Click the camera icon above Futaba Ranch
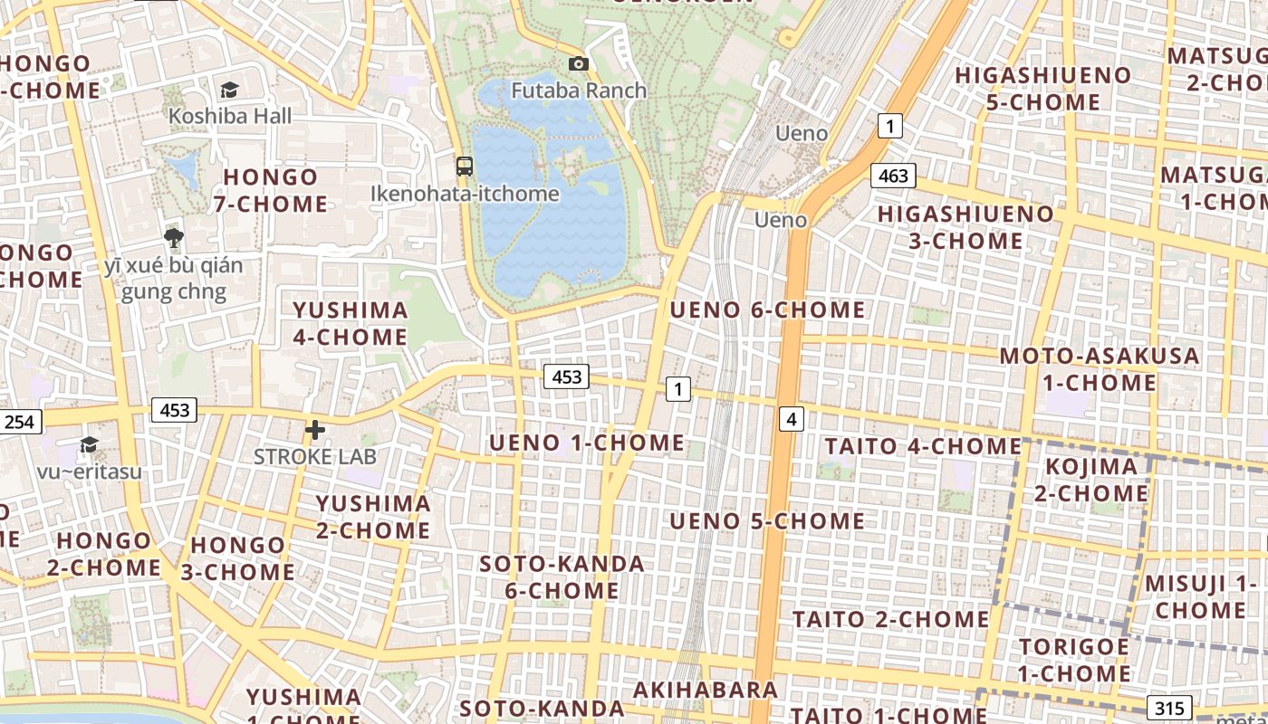pyautogui.click(x=578, y=63)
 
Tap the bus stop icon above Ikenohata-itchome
pyautogui.click(x=465, y=166)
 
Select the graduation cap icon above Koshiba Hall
pyautogui.click(x=229, y=89)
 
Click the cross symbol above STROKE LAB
pyautogui.click(x=314, y=430)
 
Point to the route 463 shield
pyautogui.click(x=893, y=176)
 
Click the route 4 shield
pyautogui.click(x=792, y=419)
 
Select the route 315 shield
pyautogui.click(x=1168, y=708)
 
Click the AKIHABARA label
pyautogui.click(x=706, y=690)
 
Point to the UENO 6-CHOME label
pyautogui.click(x=767, y=310)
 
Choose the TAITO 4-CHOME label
pyautogui.click(x=923, y=446)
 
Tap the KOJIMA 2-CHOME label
pyautogui.click(x=1090, y=481)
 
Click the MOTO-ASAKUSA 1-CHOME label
pyautogui.click(x=1100, y=369)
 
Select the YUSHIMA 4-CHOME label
pyautogui.click(x=350, y=323)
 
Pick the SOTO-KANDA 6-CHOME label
pyautogui.click(x=562, y=577)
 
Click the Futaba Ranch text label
pyautogui.click(x=579, y=90)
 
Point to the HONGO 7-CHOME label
pyautogui.click(x=271, y=190)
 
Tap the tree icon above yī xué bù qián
pyautogui.click(x=174, y=238)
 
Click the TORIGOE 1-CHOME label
pyautogui.click(x=1074, y=661)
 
